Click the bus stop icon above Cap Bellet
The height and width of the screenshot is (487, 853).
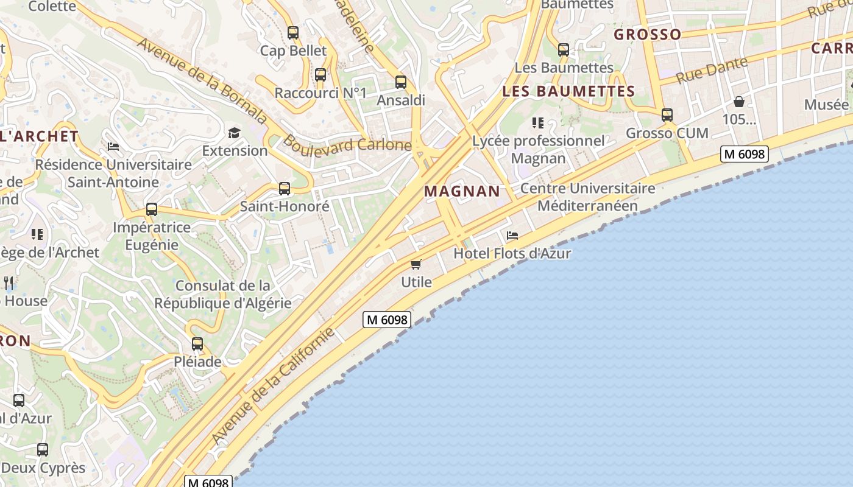pyautogui.click(x=293, y=33)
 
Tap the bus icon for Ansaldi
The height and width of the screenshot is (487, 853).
pyautogui.click(x=400, y=82)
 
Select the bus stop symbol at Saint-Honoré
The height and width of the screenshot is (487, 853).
pyautogui.click(x=284, y=189)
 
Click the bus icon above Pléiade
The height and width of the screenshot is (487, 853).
pyautogui.click(x=197, y=344)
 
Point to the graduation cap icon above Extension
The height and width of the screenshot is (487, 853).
pyautogui.click(x=234, y=133)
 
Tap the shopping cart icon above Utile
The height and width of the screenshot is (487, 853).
pyautogui.click(x=416, y=264)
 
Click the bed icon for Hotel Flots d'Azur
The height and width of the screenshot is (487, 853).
pyautogui.click(x=512, y=236)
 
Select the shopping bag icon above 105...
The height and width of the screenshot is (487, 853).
pyautogui.click(x=739, y=102)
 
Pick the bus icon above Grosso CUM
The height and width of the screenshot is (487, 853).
pyautogui.click(x=667, y=115)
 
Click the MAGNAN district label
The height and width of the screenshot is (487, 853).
pyautogui.click(x=462, y=191)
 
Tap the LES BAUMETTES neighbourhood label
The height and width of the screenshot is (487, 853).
pyautogui.click(x=568, y=91)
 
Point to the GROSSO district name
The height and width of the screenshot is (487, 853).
pyautogui.click(x=647, y=34)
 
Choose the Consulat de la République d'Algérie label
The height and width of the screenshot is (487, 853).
pyautogui.click(x=222, y=294)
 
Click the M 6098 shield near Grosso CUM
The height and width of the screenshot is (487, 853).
pyautogui.click(x=744, y=154)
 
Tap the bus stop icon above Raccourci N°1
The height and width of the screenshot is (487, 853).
pyautogui.click(x=320, y=75)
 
